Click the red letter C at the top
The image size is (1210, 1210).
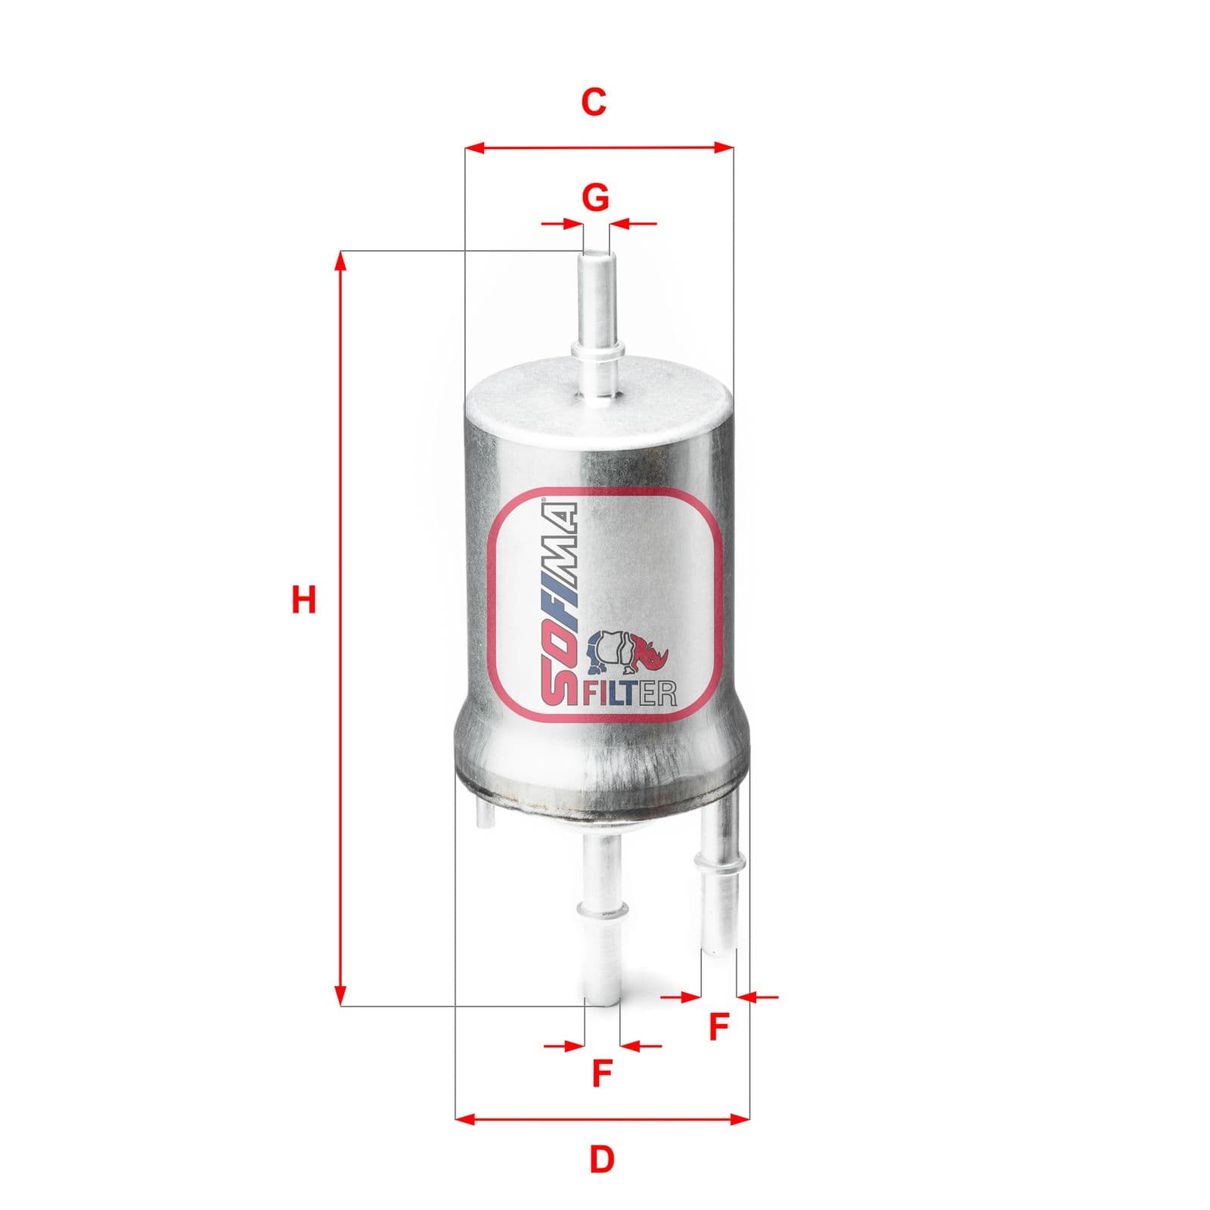594,102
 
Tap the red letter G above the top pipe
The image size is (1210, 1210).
596,197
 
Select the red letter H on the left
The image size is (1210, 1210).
304,600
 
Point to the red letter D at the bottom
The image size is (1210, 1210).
601,1159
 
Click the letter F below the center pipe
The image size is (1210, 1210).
601,1073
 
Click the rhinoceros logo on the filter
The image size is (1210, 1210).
627,652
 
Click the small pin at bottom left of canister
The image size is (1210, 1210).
482,816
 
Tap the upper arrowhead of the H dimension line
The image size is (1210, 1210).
340,261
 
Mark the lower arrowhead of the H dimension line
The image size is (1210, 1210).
340,997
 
